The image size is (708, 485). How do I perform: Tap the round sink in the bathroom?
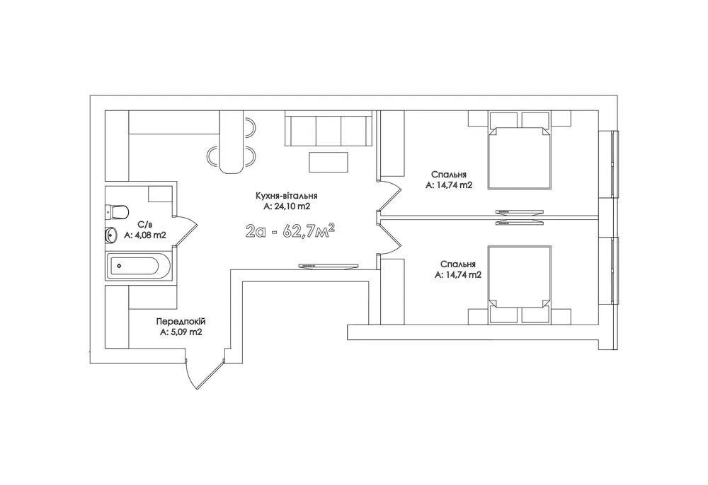coord(110,235)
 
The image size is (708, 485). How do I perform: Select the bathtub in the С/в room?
coord(138,267)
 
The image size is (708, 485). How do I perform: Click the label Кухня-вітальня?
coord(286,196)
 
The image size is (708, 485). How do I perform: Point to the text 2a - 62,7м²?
coord(290,230)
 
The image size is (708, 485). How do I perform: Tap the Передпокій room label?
coord(181,322)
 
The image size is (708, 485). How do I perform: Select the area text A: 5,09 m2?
coord(181,333)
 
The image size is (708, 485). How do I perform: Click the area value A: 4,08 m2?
coord(145,235)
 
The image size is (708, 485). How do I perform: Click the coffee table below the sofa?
coord(329,162)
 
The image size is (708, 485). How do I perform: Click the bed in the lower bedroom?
coord(519,285)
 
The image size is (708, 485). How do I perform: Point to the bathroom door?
coord(187,230)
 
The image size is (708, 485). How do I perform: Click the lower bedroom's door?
coord(389,239)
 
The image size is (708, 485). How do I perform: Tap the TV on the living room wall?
coord(329,267)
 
